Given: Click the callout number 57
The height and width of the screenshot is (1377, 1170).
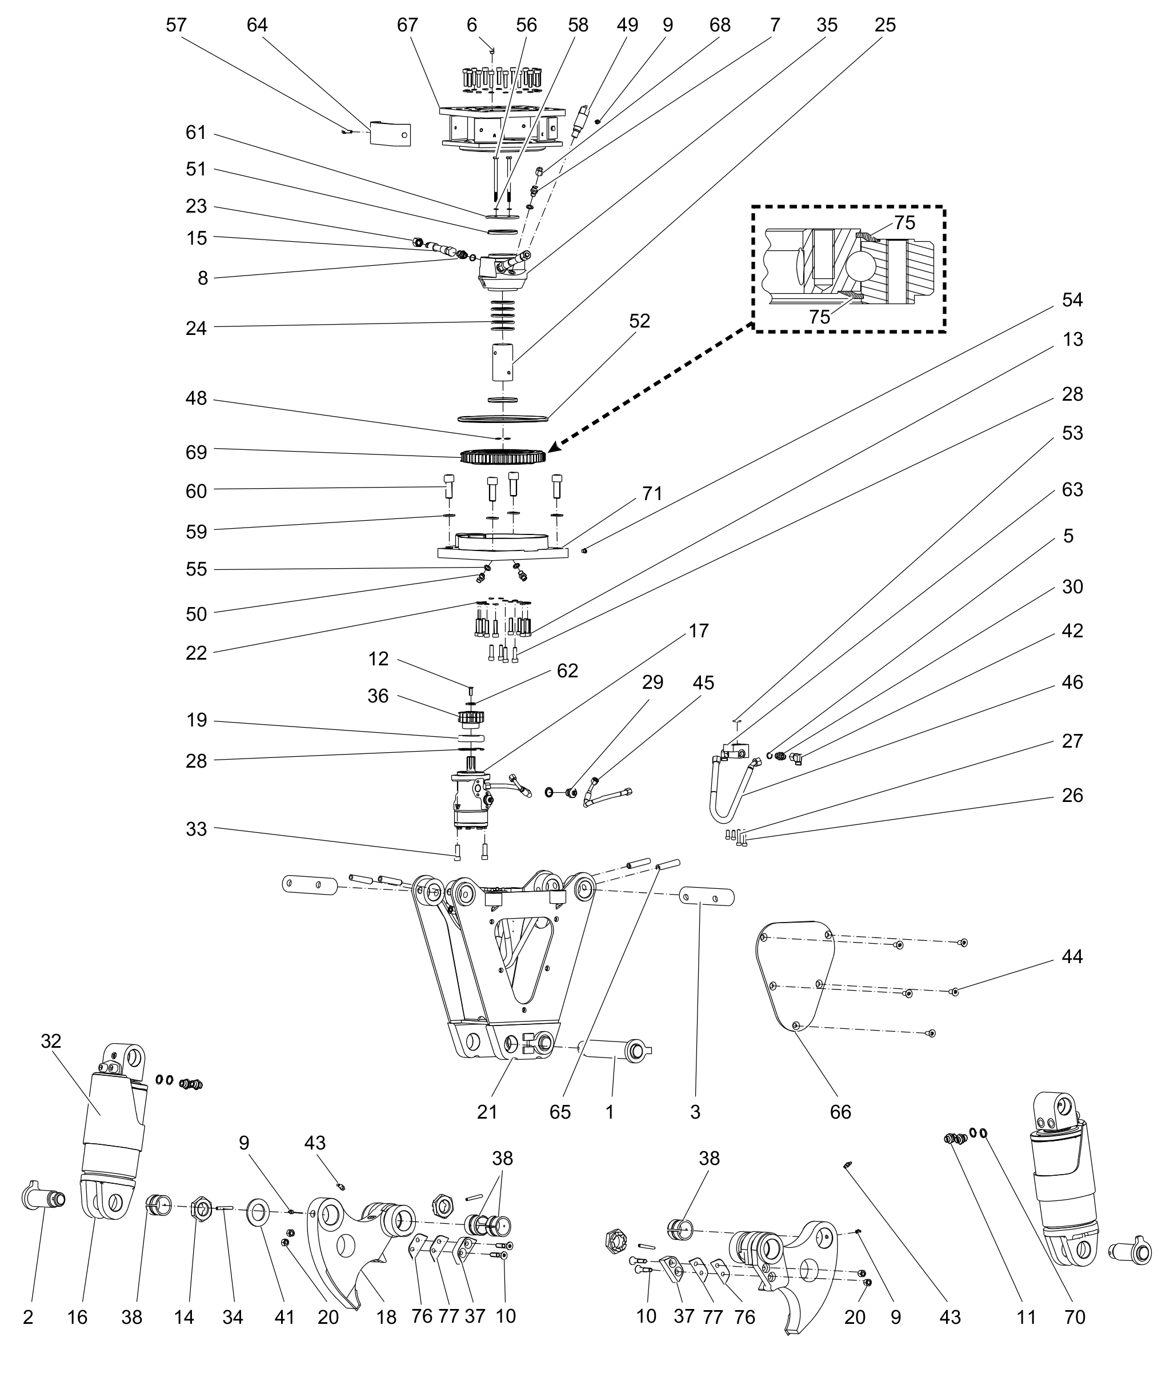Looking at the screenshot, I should (176, 25).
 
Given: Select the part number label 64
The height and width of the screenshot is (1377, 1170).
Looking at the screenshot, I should (257, 25).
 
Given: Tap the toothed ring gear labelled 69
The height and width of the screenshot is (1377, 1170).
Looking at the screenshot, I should (503, 457).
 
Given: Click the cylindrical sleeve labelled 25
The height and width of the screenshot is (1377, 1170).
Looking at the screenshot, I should (503, 362).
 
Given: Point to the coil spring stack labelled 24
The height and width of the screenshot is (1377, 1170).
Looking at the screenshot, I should (503, 314).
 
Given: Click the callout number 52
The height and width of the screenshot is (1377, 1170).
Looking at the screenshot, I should (639, 321).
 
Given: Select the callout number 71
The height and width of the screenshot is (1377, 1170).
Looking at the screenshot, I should (652, 494).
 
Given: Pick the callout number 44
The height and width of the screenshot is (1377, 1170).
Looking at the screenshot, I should (1072, 956).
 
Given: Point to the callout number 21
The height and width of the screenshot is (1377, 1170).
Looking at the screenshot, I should (487, 1112).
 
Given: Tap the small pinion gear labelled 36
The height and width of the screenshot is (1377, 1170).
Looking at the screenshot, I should (471, 718).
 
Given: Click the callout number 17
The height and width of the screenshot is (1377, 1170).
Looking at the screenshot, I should (699, 630).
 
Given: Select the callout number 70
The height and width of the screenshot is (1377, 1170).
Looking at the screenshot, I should (1075, 1316).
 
